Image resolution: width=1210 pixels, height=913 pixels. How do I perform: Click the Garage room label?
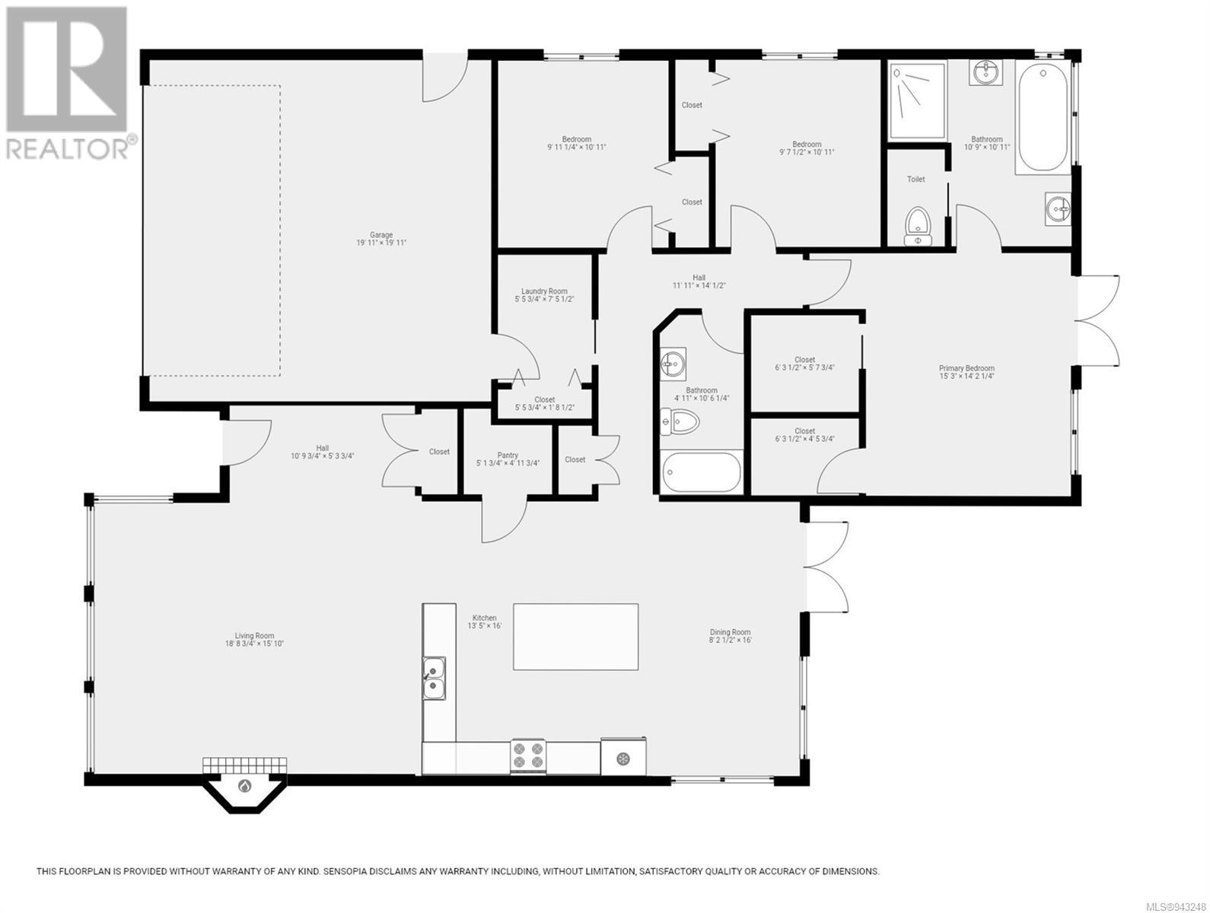pos(381,235)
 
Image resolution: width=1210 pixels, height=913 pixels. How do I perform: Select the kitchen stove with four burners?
pos(528,756)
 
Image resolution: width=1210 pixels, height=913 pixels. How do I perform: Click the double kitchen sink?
pos(434,678)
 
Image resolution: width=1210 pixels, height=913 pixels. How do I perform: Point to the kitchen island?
pos(575,636)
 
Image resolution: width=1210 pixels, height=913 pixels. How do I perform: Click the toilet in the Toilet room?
pos(917,225)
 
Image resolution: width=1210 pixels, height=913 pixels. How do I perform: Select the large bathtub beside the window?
pos(1043,117)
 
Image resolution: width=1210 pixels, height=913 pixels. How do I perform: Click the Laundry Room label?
pos(544,291)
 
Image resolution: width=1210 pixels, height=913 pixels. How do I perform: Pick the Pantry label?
pos(508,455)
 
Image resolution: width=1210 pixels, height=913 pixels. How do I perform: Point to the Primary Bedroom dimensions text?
pos(967,377)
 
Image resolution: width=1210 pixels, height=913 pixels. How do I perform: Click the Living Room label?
pos(254,635)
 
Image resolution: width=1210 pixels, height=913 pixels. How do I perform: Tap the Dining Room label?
pos(730,632)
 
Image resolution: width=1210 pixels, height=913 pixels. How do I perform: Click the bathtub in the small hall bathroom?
pos(701,472)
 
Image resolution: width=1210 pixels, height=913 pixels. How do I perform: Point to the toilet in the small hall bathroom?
pos(680,422)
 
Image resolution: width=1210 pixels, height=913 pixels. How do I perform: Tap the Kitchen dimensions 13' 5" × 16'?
pos(485,625)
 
